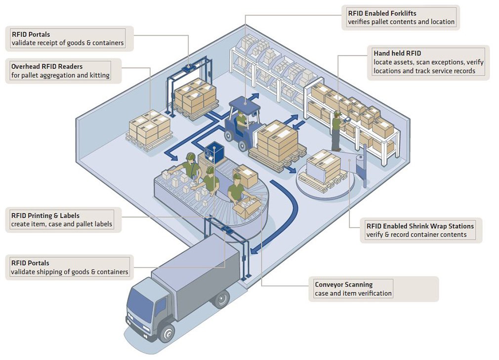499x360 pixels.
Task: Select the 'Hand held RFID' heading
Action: (397, 53)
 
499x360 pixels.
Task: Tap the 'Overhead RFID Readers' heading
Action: (47, 67)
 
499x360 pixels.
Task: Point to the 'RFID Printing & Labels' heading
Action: (45, 216)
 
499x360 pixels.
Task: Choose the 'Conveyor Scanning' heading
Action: (344, 285)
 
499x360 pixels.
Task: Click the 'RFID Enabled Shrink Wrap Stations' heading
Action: (420, 226)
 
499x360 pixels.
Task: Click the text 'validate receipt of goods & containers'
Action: (67, 43)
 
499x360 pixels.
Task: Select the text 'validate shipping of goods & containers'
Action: (70, 272)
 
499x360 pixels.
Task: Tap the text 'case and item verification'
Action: (353, 294)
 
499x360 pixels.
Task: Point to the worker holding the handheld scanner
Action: (336, 130)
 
